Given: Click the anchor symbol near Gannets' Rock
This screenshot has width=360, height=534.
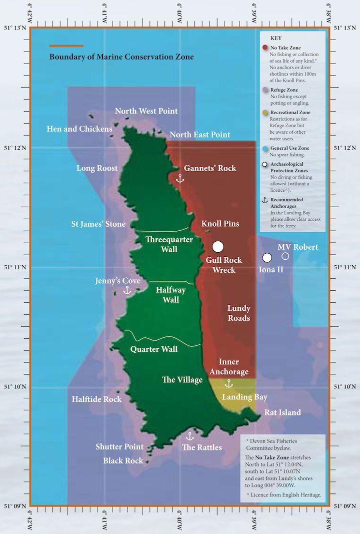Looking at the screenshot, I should (179, 178).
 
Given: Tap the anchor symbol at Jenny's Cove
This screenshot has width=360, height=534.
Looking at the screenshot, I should (127, 290).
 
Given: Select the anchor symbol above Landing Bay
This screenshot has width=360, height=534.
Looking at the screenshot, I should (228, 384).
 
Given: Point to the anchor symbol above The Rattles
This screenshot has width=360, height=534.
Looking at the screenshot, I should (189, 436).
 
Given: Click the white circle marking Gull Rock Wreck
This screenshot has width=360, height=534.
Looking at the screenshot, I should (217, 246).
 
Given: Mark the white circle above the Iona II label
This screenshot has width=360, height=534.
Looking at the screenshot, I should (267, 258).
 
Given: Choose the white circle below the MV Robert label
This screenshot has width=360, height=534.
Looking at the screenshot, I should (285, 256).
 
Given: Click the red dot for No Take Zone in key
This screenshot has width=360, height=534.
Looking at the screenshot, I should (265, 47).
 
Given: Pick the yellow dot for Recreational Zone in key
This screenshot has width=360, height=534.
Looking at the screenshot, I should (265, 113).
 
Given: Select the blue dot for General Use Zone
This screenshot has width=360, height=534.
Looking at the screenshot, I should (265, 149).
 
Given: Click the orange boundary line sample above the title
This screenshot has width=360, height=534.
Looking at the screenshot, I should (66, 46).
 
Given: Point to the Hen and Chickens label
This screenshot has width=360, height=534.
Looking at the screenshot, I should (79, 129).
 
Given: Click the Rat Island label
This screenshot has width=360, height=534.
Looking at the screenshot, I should (283, 413).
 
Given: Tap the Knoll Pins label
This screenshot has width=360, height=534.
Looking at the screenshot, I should (220, 224).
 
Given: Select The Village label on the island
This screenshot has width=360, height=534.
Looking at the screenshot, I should (182, 380).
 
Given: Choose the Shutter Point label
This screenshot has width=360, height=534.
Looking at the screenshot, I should (119, 446).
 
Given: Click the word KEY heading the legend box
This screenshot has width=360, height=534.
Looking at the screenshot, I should (276, 38).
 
